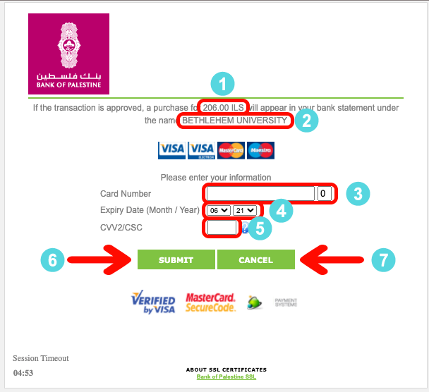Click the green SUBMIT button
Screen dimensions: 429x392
pyautogui.click(x=176, y=259)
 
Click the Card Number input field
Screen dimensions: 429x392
pyautogui.click(x=260, y=194)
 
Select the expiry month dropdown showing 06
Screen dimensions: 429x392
pyautogui.click(x=219, y=210)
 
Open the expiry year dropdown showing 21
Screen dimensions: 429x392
pyautogui.click(x=245, y=210)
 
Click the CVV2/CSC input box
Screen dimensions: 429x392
pyautogui.click(x=222, y=228)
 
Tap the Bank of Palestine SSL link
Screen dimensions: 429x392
pyautogui.click(x=226, y=376)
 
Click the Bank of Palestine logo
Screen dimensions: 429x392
pyautogui.click(x=68, y=54)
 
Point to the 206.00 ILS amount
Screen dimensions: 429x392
pyautogui.click(x=223, y=107)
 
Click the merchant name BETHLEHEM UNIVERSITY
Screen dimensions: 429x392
pyautogui.click(x=235, y=121)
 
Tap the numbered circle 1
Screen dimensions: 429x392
pyautogui.click(x=222, y=84)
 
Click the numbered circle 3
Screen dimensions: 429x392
pyautogui.click(x=358, y=194)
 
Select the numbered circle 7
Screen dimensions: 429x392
pyautogui.click(x=383, y=259)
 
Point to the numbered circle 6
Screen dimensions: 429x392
pyautogui.click(x=52, y=259)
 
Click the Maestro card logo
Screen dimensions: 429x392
pyautogui.click(x=260, y=150)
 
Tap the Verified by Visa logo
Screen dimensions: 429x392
pyautogui.click(x=153, y=302)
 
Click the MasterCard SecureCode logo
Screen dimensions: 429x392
pyautogui.click(x=210, y=302)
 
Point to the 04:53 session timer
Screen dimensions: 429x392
pyautogui.click(x=23, y=373)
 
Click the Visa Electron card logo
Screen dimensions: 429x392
pyautogui.click(x=201, y=150)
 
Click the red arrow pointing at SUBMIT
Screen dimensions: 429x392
pyautogui.click(x=99, y=259)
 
